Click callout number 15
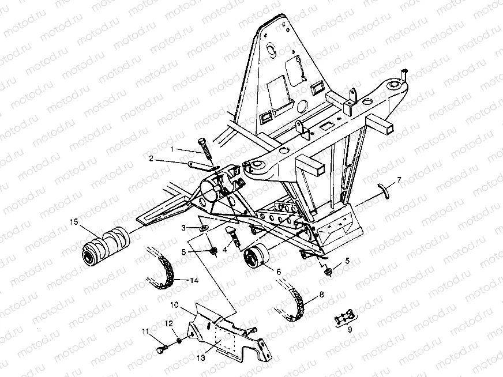pos(73,221)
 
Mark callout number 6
pos(279,272)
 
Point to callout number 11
pos(147,331)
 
